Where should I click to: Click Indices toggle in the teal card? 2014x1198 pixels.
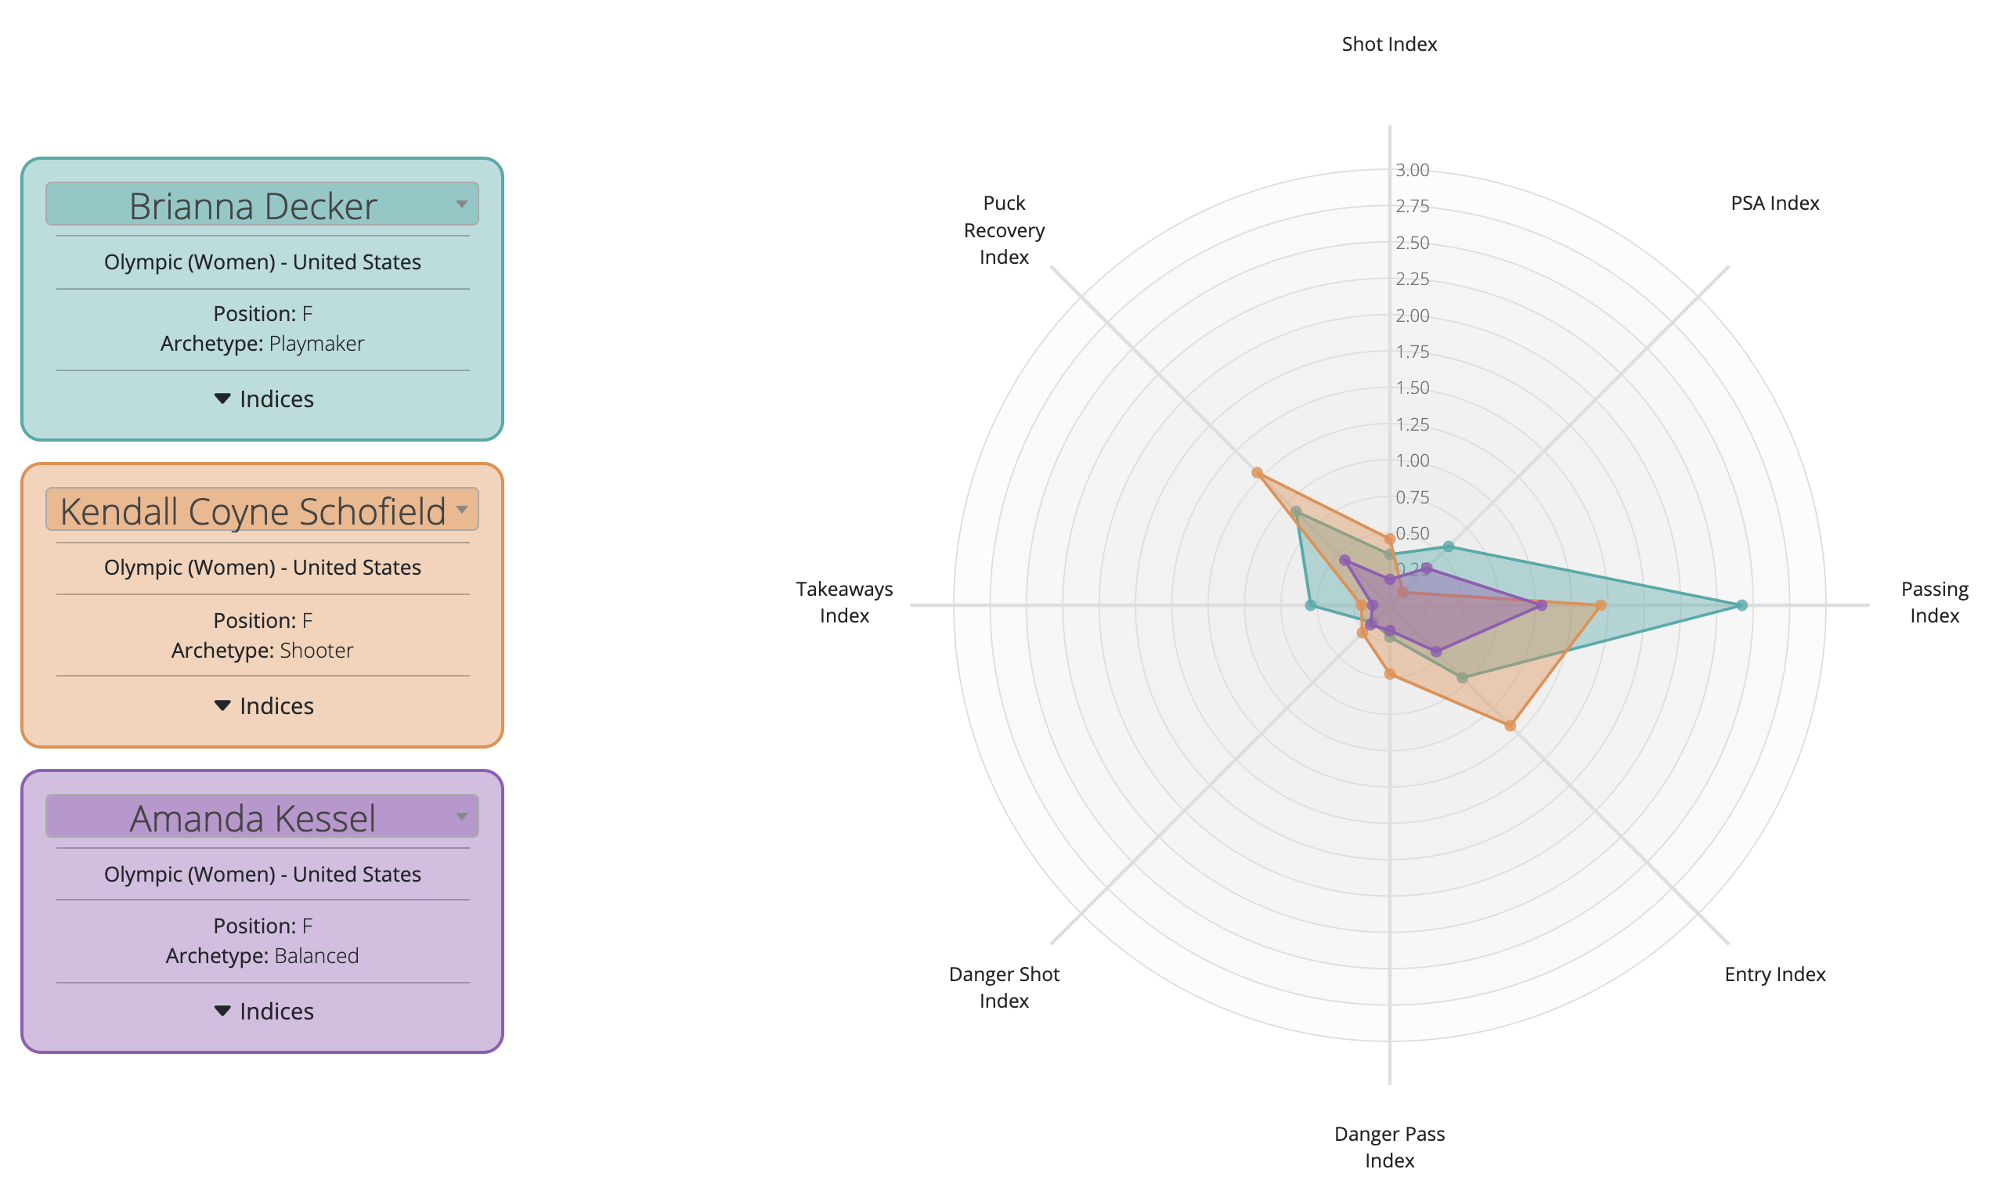263,399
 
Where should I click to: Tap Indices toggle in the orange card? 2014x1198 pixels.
263,705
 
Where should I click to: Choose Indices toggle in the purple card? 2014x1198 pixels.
263,1011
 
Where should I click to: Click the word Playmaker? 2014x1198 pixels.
316,344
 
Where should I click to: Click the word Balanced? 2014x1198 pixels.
316,956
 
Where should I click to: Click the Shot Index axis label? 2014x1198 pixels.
1389,45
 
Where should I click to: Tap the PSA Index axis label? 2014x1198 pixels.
1774,204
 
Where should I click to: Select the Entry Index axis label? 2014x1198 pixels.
1774,974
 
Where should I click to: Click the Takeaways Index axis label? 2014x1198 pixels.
844,602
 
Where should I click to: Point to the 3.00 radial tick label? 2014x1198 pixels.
1412,171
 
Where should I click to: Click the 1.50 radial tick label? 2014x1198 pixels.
1412,388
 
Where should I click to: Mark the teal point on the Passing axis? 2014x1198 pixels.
1741,604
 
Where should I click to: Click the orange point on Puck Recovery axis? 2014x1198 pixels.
1257,473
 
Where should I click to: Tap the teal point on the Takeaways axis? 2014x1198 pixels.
1311,604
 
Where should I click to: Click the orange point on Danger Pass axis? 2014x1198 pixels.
1389,673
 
